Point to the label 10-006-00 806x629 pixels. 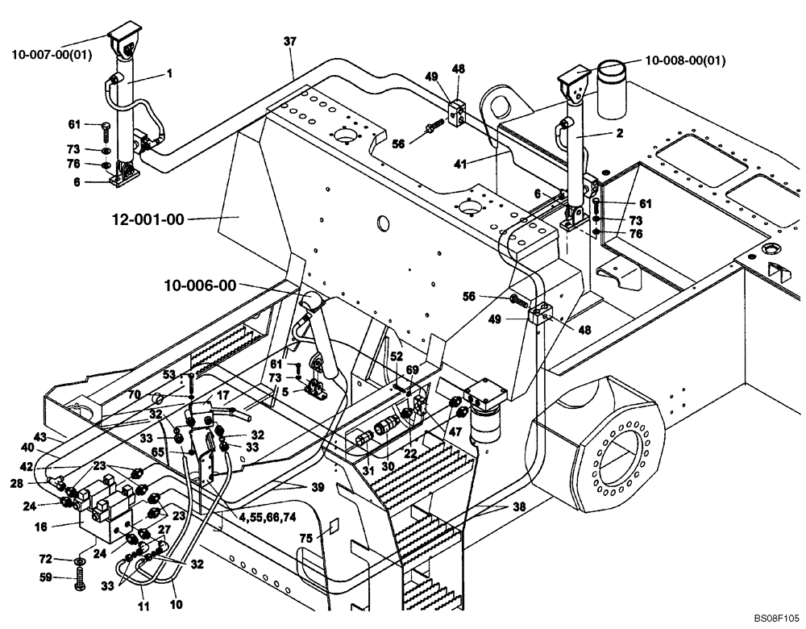pos(200,285)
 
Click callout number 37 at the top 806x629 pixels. pos(290,41)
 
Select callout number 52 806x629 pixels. pos(396,356)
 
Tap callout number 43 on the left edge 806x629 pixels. pos(39,437)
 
